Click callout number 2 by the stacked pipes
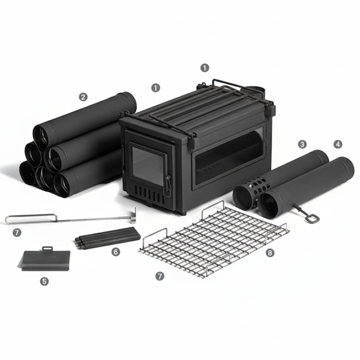(83, 97)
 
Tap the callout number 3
(302, 144)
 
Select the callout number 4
(337, 144)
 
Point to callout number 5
(44, 281)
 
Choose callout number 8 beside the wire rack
(270, 253)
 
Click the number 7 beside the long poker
(16, 232)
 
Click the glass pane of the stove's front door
(147, 166)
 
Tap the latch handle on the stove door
(168, 184)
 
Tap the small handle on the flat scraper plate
(48, 248)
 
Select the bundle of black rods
(107, 237)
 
